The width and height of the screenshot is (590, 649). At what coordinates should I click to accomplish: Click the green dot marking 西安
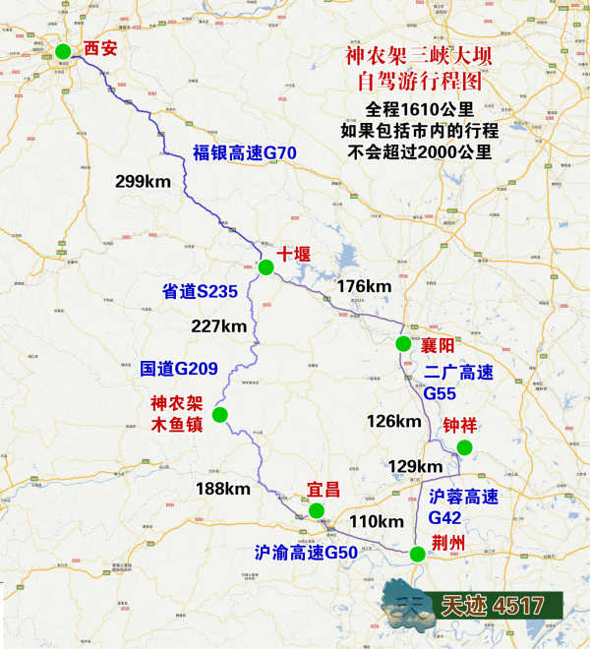pyautogui.click(x=63, y=51)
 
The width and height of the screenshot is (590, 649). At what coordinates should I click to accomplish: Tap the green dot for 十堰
pyautogui.click(x=265, y=266)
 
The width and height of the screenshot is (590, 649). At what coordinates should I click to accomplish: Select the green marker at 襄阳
pyautogui.click(x=403, y=343)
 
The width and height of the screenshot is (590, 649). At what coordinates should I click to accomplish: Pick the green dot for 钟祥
pyautogui.click(x=465, y=448)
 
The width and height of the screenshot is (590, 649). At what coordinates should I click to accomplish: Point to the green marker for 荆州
pyautogui.click(x=418, y=554)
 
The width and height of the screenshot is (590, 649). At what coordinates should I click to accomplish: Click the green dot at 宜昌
pyautogui.click(x=316, y=510)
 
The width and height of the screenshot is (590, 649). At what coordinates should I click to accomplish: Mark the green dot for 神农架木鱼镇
pyautogui.click(x=219, y=415)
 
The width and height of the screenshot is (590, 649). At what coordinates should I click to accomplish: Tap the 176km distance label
pyautogui.click(x=364, y=286)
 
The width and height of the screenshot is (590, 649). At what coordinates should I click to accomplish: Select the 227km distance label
pyautogui.click(x=218, y=326)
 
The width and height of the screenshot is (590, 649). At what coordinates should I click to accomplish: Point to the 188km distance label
pyautogui.click(x=223, y=489)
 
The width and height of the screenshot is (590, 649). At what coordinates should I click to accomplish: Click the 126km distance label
pyautogui.click(x=393, y=421)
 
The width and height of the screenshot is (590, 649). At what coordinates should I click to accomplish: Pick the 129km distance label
pyautogui.click(x=415, y=465)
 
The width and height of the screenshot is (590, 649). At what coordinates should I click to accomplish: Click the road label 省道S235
pyautogui.click(x=201, y=291)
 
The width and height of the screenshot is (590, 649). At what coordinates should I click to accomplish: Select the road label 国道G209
pyautogui.click(x=178, y=369)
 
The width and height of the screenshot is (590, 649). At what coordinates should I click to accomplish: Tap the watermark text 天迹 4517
pyautogui.click(x=493, y=606)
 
